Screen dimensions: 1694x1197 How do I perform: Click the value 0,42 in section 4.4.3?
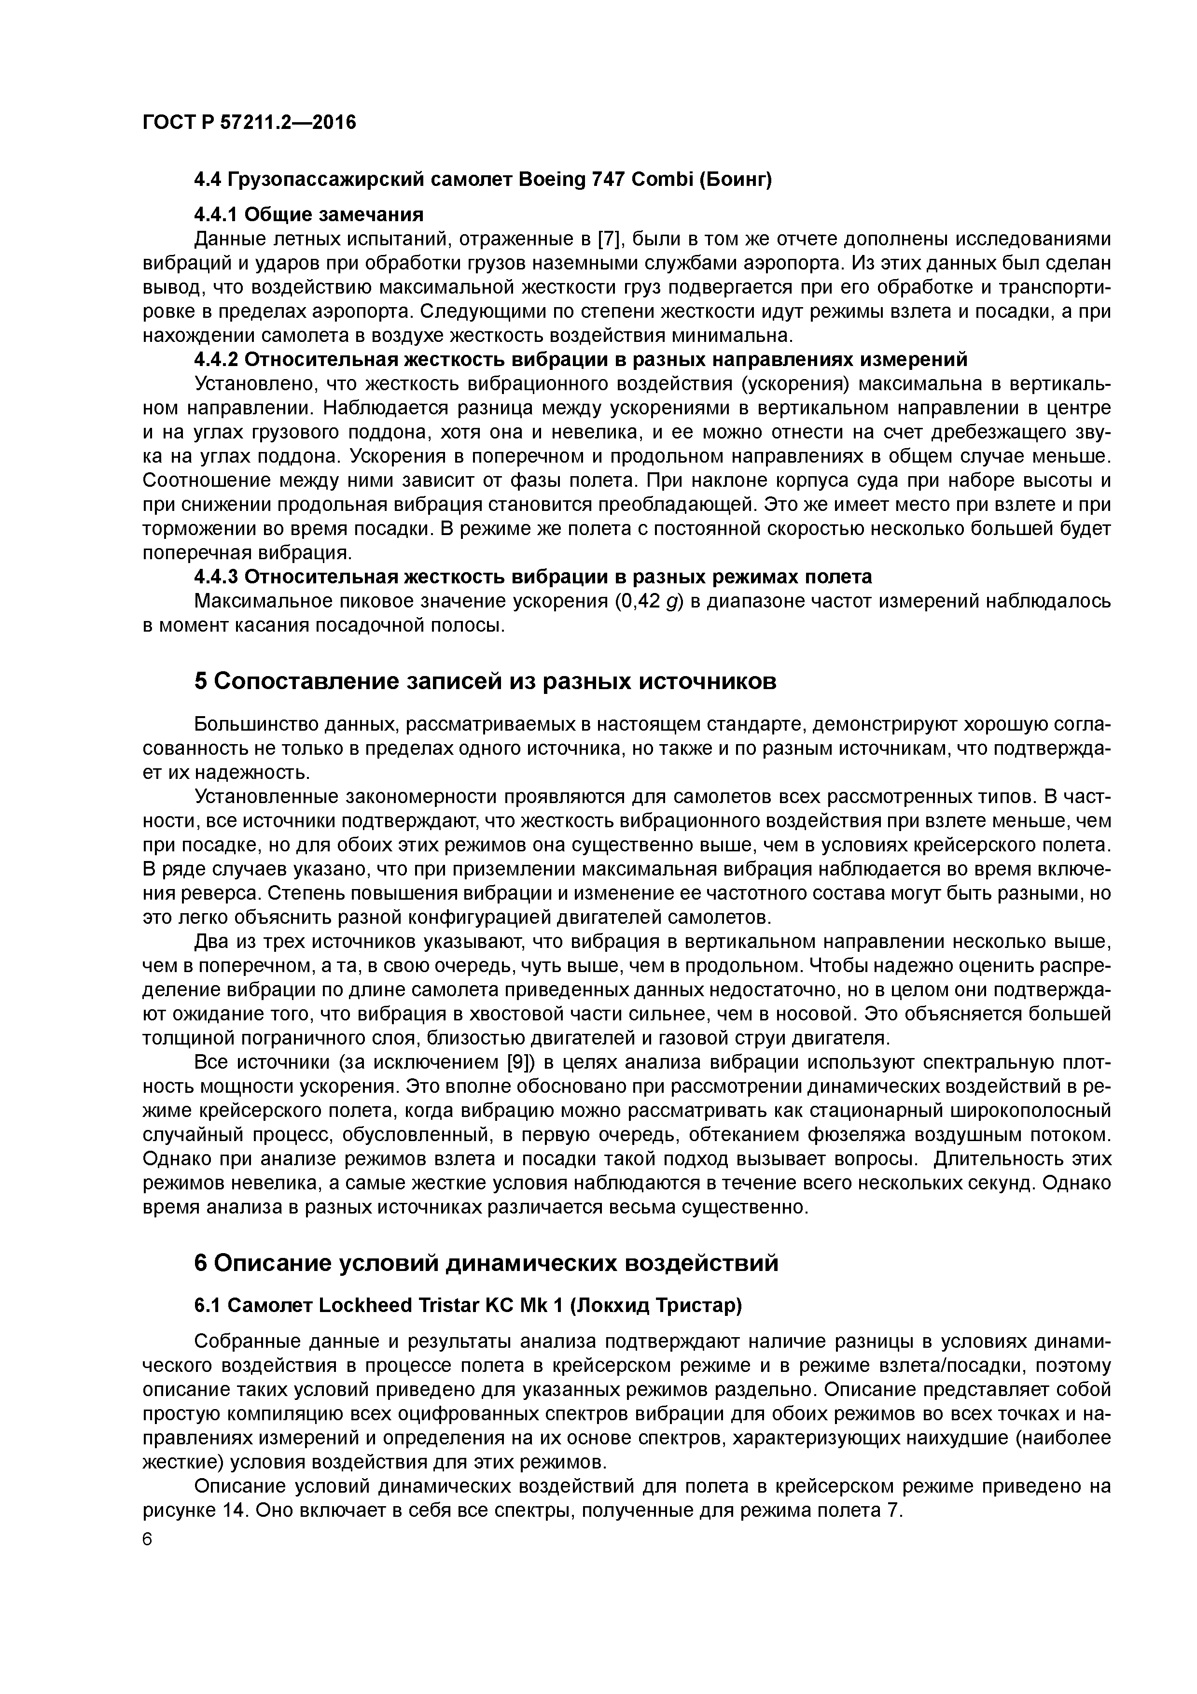pos(639,601)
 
